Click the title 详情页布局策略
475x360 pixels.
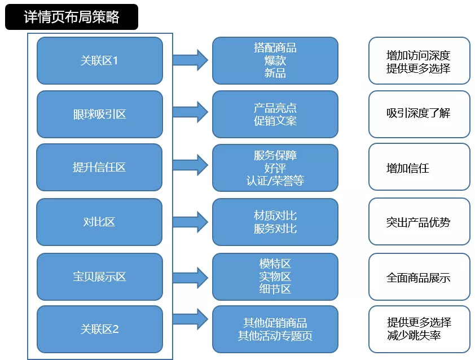pyautogui.click(x=71, y=17)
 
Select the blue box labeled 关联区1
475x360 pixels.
pyautogui.click(x=99, y=60)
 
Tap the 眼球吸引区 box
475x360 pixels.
pyautogui.click(x=99, y=114)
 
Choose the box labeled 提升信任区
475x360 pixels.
pyautogui.click(x=99, y=167)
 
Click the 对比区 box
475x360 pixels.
pyautogui.click(x=99, y=222)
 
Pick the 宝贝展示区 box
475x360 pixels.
pyautogui.click(x=99, y=276)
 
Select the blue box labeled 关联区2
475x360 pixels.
pyautogui.click(x=99, y=329)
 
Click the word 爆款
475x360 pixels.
pyautogui.click(x=275, y=60)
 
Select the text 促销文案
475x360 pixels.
pyautogui.click(x=275, y=121)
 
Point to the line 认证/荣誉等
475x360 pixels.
pyautogui.click(x=275, y=181)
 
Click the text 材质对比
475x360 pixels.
pyautogui.click(x=275, y=216)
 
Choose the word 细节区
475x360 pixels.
pyautogui.click(x=275, y=289)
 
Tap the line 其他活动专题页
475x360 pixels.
pyautogui.click(x=275, y=336)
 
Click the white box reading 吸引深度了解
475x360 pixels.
pyautogui.click(x=419, y=113)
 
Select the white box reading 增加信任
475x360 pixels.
pyautogui.click(x=419, y=167)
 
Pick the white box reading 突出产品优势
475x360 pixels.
pyautogui.click(x=419, y=222)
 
